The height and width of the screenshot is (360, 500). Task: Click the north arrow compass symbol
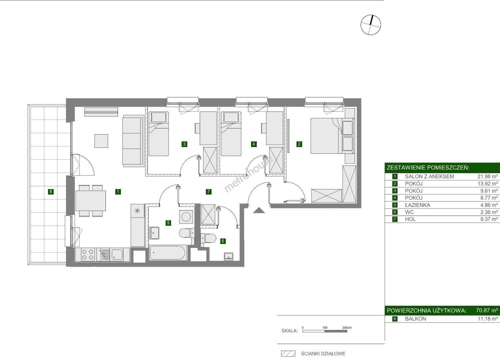point(371,25)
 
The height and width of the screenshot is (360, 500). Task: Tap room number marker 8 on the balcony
point(51,191)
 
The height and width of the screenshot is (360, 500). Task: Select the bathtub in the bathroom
point(168,253)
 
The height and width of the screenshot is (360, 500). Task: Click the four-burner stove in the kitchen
point(87,255)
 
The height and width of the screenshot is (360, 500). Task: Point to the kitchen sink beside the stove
point(117,255)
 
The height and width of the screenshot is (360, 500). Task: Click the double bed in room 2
point(332,136)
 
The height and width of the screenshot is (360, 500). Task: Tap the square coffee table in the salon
point(101,141)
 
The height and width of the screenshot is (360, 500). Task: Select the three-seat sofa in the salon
point(133,141)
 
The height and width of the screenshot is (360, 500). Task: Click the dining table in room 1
point(91,200)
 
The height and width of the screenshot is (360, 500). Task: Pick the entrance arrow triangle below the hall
point(259,210)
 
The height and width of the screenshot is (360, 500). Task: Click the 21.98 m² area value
point(487,177)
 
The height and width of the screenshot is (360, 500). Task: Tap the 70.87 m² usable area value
point(487,310)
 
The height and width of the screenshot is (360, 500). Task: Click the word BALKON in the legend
point(415,319)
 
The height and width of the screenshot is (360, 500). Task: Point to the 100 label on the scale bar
point(325,328)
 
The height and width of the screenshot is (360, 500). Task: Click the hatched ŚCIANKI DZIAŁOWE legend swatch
point(288,354)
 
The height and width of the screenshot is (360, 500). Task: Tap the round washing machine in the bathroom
point(186,216)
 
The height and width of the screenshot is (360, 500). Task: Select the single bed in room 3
point(158,134)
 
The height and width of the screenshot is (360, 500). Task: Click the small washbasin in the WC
point(229,257)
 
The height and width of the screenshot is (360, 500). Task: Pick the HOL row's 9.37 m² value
point(489,219)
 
